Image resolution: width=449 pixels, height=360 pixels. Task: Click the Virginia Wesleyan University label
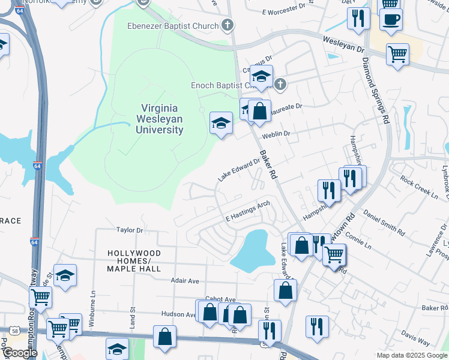pos(159,118)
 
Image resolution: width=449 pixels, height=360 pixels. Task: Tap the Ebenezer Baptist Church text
pos(172,25)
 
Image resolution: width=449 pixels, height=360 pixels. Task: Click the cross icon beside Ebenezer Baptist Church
pos(227,25)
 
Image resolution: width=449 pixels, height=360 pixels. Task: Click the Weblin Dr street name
pos(276,134)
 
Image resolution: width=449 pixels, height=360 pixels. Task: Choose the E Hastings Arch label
pos(247,211)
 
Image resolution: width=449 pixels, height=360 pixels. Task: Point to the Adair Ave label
pos(185,280)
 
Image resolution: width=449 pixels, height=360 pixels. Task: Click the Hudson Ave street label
pos(179,314)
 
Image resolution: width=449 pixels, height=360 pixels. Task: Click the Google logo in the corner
pos(19,352)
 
